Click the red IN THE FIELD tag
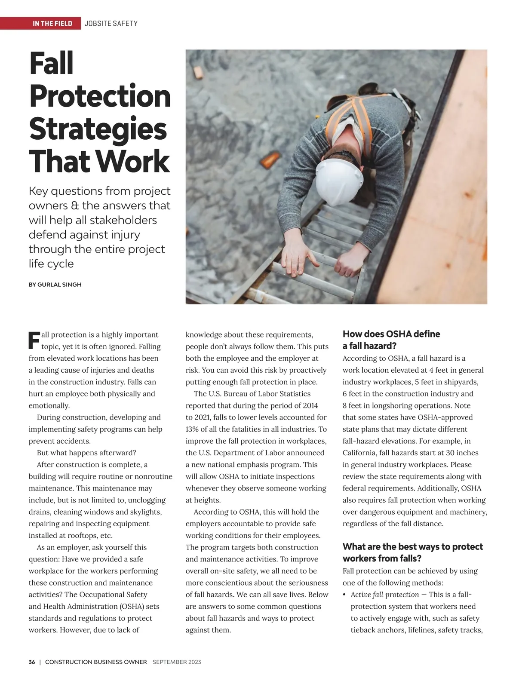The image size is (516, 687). coord(52,23)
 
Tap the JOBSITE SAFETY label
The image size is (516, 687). coord(111,23)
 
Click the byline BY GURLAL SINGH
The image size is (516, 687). coord(55,285)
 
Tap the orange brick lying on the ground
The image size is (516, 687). coord(270,161)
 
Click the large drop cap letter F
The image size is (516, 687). coord(34,340)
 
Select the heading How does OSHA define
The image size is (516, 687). coord(391,334)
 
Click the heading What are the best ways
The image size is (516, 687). coord(412,547)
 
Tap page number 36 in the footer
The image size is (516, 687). coord(32,662)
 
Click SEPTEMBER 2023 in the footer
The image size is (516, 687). coord(177,662)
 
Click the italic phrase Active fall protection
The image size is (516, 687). coord(384,595)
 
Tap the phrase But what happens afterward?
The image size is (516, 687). coord(86,453)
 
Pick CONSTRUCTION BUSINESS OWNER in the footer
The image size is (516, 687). coord(96,662)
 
